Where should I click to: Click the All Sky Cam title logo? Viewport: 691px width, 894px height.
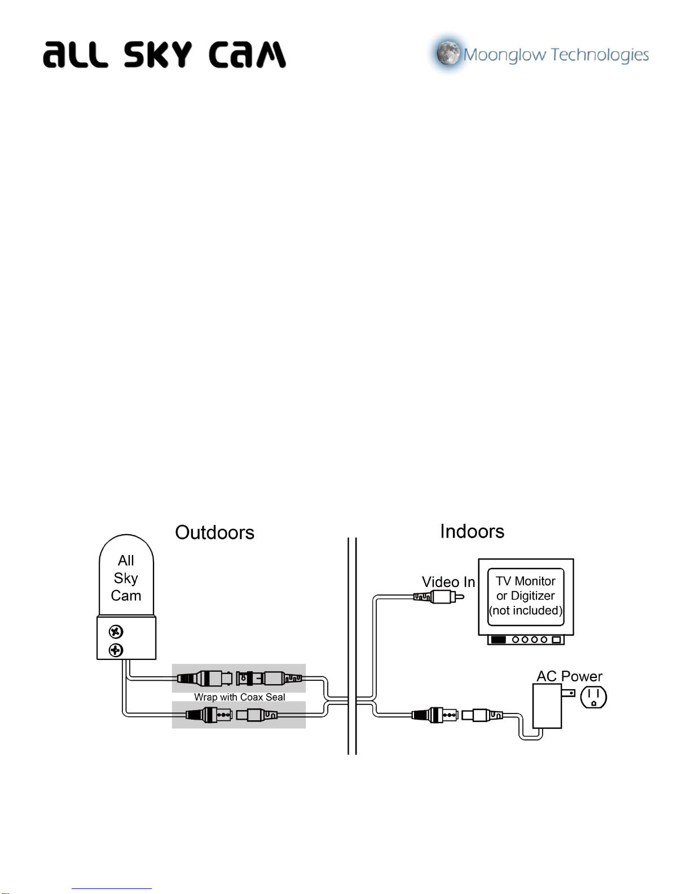click(x=164, y=54)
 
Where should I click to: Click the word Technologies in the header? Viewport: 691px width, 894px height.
click(x=600, y=55)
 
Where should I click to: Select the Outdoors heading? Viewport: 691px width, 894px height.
click(x=215, y=532)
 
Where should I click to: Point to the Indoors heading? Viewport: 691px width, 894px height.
click(x=472, y=531)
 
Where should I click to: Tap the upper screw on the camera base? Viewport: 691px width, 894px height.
click(x=116, y=632)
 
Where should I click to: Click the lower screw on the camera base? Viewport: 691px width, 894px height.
click(x=116, y=650)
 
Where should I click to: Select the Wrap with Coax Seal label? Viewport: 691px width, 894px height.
click(x=239, y=697)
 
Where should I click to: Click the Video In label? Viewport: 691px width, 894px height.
click(x=448, y=582)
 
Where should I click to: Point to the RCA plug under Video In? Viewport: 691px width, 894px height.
click(x=439, y=597)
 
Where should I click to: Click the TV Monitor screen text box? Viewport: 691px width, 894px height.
click(x=526, y=597)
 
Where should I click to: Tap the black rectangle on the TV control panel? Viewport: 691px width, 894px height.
click(x=499, y=640)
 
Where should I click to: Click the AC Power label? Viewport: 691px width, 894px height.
click(x=569, y=676)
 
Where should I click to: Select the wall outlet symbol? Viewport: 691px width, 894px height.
click(x=593, y=697)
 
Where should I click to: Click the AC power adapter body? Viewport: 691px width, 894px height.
click(x=547, y=706)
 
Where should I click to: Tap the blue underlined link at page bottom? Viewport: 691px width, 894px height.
click(x=112, y=889)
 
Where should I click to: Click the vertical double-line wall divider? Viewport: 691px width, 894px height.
click(x=352, y=646)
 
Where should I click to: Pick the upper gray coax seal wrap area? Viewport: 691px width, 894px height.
click(x=239, y=678)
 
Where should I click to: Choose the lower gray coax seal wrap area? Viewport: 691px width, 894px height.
click(x=239, y=715)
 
